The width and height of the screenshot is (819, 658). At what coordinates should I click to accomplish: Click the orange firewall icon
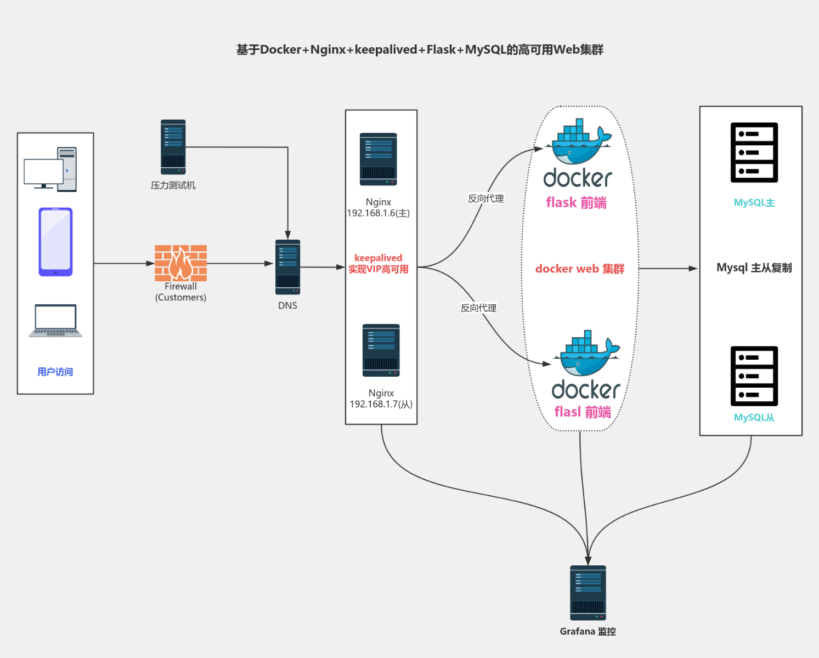pos(180,263)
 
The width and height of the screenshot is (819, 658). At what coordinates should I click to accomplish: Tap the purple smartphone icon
pos(55,242)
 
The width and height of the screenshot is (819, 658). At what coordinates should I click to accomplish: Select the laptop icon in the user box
pos(55,321)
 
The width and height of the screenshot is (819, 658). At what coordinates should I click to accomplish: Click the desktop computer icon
pos(50,169)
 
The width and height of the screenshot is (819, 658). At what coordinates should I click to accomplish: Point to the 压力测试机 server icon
pos(173,147)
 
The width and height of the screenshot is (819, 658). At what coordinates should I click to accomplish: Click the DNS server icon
pos(287,267)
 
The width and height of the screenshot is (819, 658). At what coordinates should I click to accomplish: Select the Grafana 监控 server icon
pos(588,593)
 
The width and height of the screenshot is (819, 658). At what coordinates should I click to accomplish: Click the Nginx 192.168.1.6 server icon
pos(378,159)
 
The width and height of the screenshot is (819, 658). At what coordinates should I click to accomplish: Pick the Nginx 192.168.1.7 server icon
pos(381,350)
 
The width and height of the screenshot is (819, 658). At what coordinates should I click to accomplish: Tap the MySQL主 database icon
pos(754,152)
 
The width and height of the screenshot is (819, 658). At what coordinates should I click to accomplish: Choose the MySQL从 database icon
pos(754,376)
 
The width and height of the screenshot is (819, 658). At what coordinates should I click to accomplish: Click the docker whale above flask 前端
pos(578,143)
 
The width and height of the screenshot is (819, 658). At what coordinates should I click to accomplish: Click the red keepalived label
pos(378,258)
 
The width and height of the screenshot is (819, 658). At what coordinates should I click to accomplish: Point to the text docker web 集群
pos(580,269)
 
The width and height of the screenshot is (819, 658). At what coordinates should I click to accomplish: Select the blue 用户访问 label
pos(55,372)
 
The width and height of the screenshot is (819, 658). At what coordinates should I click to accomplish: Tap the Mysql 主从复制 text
pos(754,268)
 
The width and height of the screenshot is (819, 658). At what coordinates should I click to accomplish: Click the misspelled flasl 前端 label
pos(583,412)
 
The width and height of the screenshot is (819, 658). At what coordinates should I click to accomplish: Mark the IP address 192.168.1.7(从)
pos(381,404)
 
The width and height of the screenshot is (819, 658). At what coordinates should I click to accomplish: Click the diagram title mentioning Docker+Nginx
pos(420,50)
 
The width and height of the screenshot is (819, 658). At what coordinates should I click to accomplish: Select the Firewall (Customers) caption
pos(180,292)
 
